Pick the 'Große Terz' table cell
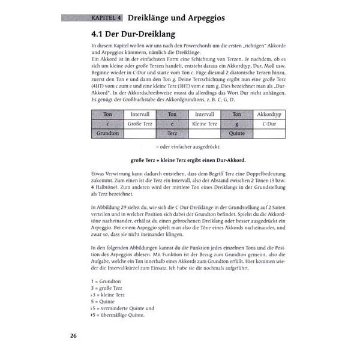(x=140, y=124)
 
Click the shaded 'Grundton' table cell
(x=107, y=133)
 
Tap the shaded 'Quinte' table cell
(x=236, y=133)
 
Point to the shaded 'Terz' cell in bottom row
(x=172, y=133)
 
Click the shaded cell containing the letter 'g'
(x=236, y=124)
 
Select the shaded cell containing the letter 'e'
(x=172, y=124)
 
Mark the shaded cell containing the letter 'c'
(x=107, y=124)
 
